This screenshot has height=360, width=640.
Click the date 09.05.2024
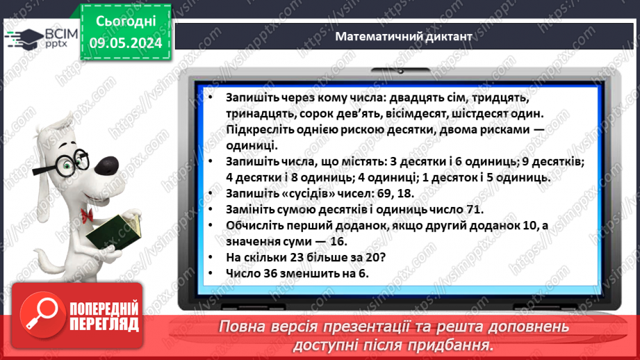click(x=125, y=42)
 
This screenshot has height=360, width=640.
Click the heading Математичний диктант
click(x=404, y=36)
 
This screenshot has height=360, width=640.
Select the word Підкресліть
click(x=262, y=130)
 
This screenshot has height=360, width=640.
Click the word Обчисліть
click(x=259, y=226)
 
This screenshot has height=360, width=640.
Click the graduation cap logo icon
click(x=21, y=38)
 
